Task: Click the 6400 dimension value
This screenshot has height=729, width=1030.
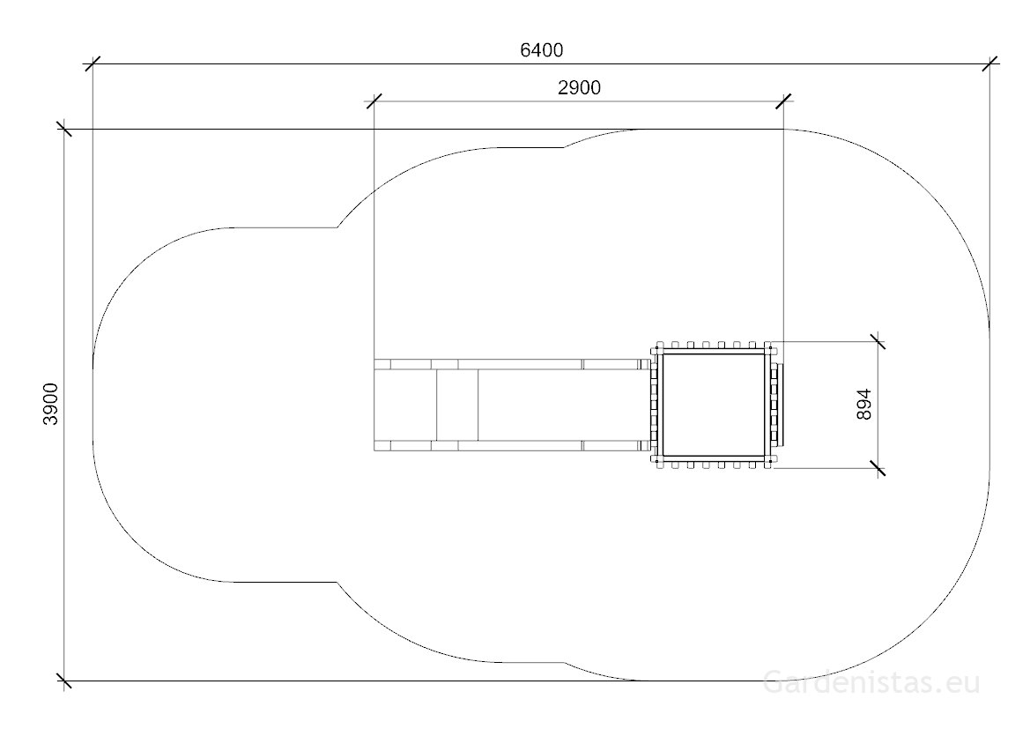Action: pyautogui.click(x=541, y=50)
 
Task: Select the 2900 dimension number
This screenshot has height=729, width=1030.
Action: pyautogui.click(x=579, y=88)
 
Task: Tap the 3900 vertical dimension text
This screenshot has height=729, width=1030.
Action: pyautogui.click(x=51, y=404)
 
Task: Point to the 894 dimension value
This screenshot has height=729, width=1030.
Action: pyautogui.click(x=864, y=405)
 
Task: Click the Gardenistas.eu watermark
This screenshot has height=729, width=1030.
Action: pyautogui.click(x=871, y=681)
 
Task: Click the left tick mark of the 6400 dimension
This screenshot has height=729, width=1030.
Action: pyautogui.click(x=93, y=63)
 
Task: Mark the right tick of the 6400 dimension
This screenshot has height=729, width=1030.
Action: pyautogui.click(x=989, y=63)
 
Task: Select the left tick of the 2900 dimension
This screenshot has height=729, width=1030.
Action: pyautogui.click(x=374, y=101)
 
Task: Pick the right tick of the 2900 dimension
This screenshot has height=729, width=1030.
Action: pyautogui.click(x=783, y=101)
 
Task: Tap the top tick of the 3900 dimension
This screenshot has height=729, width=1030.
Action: pyautogui.click(x=63, y=129)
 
